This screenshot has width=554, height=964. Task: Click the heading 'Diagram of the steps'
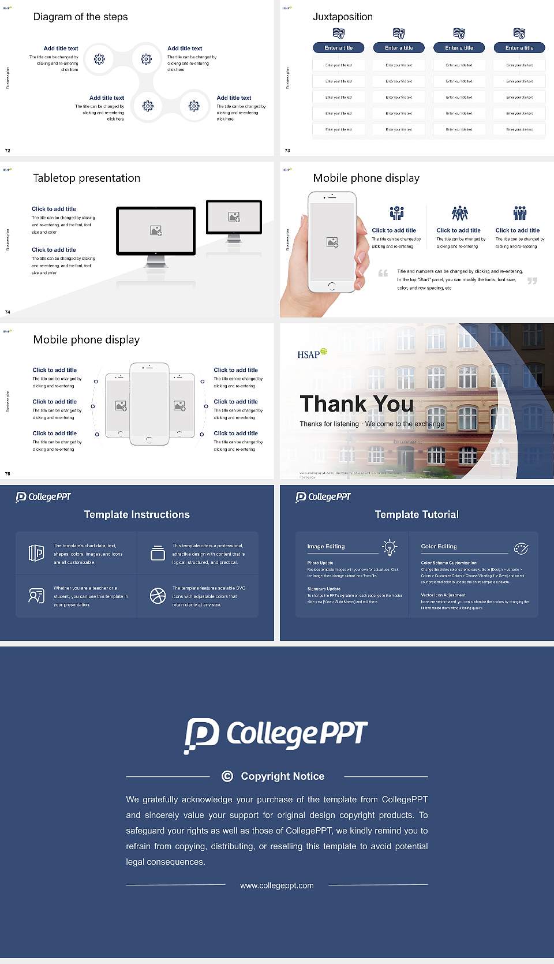coord(80,17)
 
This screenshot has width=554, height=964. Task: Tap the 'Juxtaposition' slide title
coord(342,17)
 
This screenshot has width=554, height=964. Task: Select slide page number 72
coord(8,150)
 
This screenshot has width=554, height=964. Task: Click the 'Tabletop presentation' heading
coord(87,178)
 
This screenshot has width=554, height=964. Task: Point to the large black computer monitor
coord(156,231)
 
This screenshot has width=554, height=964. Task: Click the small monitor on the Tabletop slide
coord(234,218)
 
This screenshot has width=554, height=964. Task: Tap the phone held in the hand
coord(331,242)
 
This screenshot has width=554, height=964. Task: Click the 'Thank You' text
coord(356,403)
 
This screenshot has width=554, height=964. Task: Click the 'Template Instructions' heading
coord(137,514)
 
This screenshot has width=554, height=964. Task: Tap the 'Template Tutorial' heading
coord(417,514)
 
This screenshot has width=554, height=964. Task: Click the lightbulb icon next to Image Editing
coord(390,547)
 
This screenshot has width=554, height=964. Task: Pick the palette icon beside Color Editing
coord(521,548)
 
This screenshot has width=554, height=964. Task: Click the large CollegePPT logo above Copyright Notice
coord(276,735)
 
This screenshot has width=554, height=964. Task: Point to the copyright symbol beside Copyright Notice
coord(227,776)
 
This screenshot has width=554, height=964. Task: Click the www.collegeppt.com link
coord(277,885)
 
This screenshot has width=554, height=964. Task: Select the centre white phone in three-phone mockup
coord(149,404)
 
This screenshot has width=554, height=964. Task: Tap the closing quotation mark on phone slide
coord(531,281)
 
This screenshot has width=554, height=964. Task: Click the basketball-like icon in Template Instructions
coord(158,596)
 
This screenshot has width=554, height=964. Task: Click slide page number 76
coord(8,473)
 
